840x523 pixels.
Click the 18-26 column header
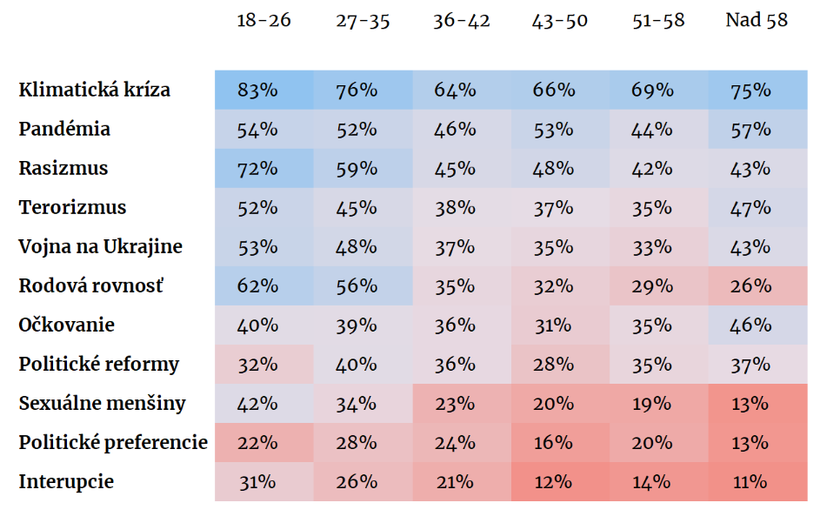pos(263,20)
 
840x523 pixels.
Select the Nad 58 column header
pos(757,20)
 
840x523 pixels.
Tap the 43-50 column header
pos(559,20)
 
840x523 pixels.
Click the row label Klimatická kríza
pos(94,90)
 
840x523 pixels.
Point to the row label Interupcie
pos(66,481)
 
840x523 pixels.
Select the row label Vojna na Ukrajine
pos(100,246)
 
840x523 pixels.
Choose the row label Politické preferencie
pos(113,443)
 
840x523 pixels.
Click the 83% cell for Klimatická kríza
pos(264,90)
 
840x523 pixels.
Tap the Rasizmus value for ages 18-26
pos(264,168)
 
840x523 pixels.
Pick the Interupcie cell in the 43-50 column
pos(560,482)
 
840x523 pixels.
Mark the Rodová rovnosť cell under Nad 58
pos(757,285)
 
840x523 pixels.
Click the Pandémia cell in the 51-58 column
pos(659,129)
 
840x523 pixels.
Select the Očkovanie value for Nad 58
pos(757,325)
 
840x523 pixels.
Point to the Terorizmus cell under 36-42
pos(462,207)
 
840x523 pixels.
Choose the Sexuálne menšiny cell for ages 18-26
pos(264,404)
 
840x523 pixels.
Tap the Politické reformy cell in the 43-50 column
pos(560,365)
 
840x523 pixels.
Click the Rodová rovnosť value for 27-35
pos(363,285)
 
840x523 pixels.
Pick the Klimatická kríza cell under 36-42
pos(462,90)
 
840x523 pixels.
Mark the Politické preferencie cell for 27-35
pos(363,443)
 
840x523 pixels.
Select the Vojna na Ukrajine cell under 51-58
pos(659,246)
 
